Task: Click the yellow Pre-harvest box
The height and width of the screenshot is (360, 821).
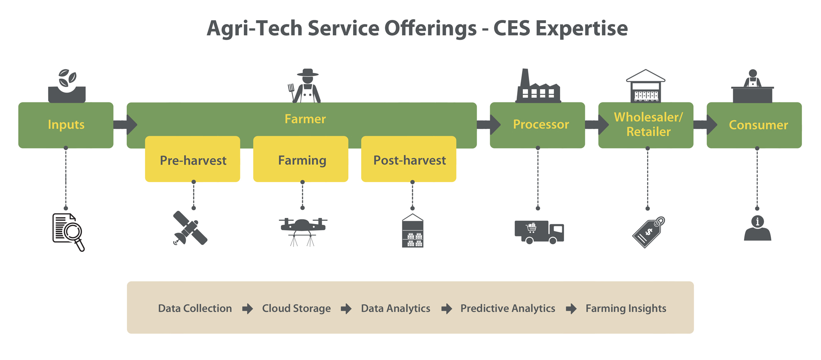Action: pos(192,159)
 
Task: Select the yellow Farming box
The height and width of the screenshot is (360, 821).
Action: pos(301,159)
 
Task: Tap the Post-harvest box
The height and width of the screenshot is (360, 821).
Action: pos(408,159)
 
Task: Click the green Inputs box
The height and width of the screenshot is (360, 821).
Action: pos(66,125)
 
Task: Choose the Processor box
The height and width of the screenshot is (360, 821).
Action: pos(537,125)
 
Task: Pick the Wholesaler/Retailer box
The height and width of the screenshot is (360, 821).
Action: pos(646,125)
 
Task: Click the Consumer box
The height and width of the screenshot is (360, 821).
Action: pos(754,125)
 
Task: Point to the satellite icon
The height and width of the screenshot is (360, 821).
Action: pos(190,228)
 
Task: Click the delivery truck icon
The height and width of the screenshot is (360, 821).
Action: pos(539,232)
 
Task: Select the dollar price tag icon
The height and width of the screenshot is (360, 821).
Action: pos(649,232)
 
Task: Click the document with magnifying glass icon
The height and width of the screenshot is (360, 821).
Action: pos(68,232)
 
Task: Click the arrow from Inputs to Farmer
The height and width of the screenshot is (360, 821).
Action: pos(125,124)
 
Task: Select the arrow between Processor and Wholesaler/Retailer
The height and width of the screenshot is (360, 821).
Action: pos(597,124)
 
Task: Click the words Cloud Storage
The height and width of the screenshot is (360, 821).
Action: pos(296,309)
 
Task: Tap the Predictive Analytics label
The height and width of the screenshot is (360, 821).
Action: pos(508,309)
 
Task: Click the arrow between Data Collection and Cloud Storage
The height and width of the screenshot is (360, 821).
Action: pos(248,309)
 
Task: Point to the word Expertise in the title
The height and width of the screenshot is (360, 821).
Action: pos(581,29)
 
